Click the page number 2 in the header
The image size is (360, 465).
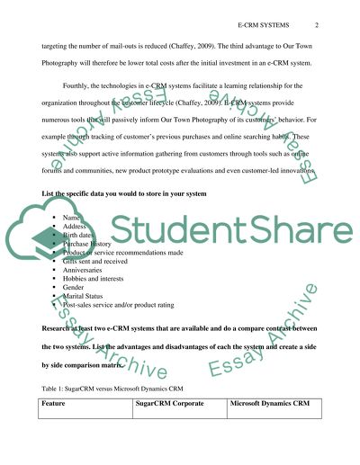(317, 25)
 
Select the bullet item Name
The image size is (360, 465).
(73, 219)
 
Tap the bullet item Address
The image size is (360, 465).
(77, 228)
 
